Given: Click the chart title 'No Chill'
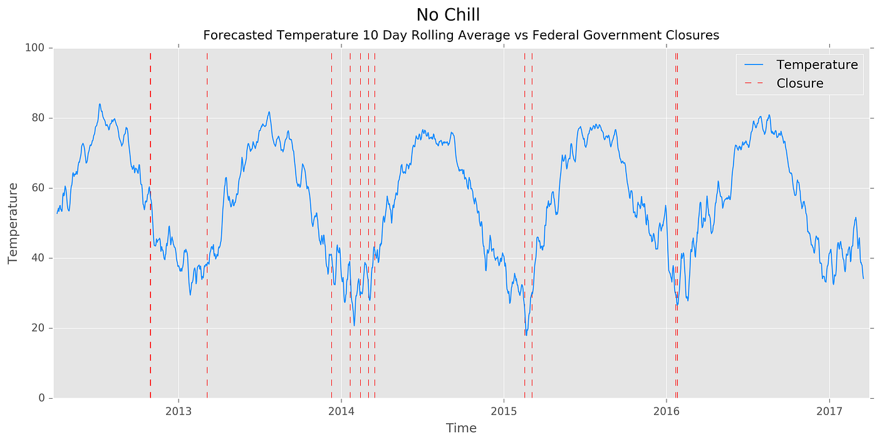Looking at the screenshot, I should tap(448, 15).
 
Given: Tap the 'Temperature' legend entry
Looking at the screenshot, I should tap(817, 65).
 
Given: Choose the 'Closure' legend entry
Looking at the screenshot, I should tap(799, 83).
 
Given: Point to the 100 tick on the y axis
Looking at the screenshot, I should tap(36, 48).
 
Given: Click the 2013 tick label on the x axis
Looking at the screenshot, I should tap(179, 411).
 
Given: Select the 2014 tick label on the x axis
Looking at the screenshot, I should tap(341, 411).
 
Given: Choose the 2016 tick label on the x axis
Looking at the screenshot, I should tap(666, 411).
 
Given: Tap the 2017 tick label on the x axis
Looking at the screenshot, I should tap(829, 411).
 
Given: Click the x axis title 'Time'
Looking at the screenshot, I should tap(461, 428).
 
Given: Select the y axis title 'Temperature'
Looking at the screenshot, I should tap(13, 223).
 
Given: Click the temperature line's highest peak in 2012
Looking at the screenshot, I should tap(100, 104).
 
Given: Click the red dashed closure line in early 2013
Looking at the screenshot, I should tap(207, 188).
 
